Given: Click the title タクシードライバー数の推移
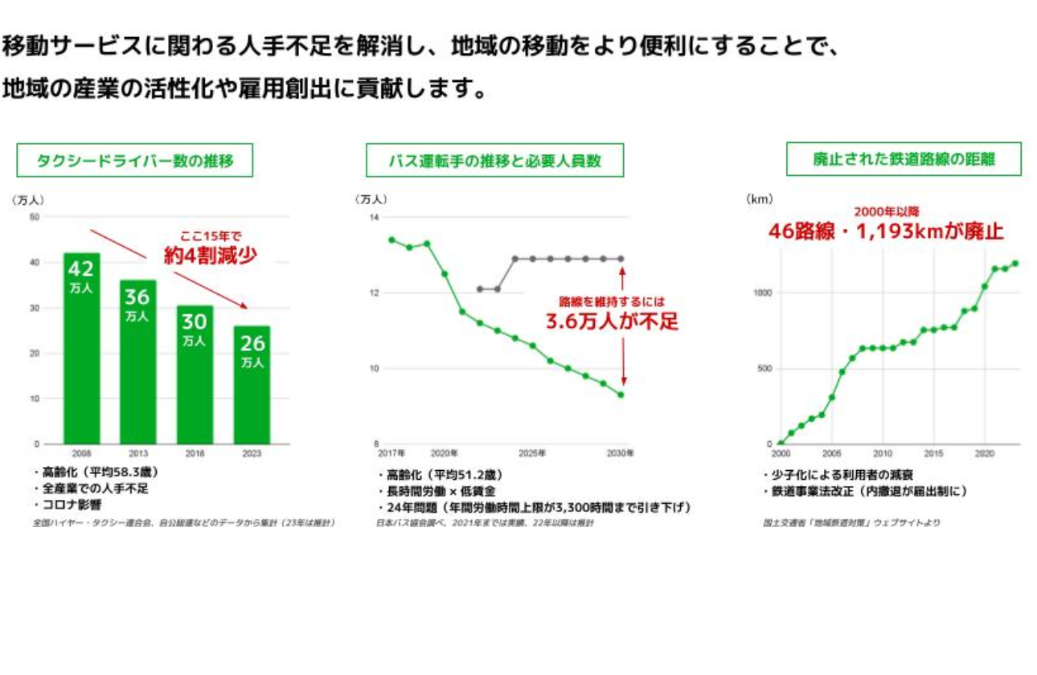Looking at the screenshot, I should click(135, 161).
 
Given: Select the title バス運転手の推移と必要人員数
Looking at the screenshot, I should click(494, 161).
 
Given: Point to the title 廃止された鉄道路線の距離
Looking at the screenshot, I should click(904, 160).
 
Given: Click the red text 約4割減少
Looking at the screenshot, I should click(211, 256).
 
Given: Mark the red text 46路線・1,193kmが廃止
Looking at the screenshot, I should click(886, 232).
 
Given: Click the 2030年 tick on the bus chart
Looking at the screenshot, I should click(621, 453).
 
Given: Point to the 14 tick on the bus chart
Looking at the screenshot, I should click(374, 218).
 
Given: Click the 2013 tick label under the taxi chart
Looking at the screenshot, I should click(138, 453).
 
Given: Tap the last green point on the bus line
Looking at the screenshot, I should click(621, 395).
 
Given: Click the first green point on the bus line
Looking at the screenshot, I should click(391, 239).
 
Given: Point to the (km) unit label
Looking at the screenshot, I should click(760, 198).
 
